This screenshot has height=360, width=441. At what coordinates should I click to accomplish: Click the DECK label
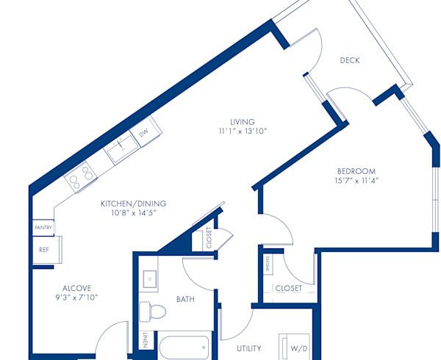click(x=349, y=60)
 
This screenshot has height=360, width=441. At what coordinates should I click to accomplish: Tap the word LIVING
click(x=242, y=122)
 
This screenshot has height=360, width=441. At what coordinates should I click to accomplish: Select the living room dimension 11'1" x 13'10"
click(x=242, y=132)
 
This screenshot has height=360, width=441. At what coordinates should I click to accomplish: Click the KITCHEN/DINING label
click(x=134, y=204)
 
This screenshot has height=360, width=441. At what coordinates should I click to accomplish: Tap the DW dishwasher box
click(x=144, y=133)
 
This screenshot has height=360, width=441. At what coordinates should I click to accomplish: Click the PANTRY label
click(x=43, y=228)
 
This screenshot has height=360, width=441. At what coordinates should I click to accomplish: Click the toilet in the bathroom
click(x=152, y=311)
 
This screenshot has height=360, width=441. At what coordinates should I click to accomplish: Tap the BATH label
click(x=184, y=299)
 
